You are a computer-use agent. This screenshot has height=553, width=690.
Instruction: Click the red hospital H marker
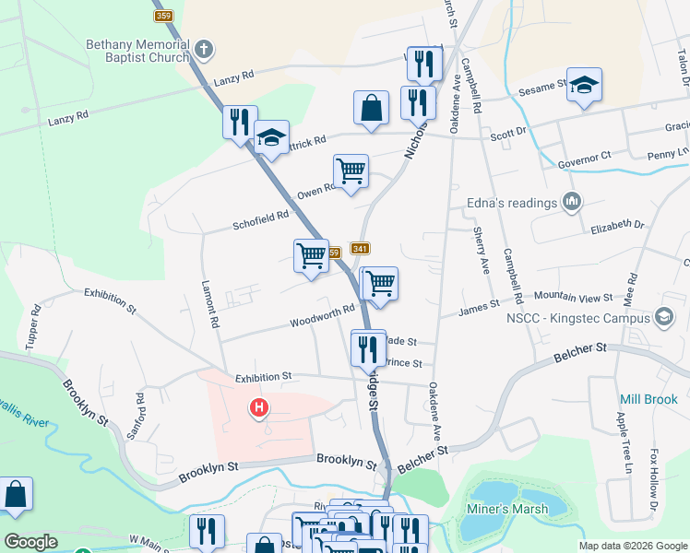tap(260, 406)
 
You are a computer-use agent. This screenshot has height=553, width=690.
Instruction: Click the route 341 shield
tap(361, 249)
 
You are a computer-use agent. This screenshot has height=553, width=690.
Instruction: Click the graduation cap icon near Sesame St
tap(584, 86)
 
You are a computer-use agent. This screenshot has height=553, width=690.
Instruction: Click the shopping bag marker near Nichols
tap(371, 107)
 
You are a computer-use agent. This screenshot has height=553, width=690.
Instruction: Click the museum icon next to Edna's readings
tap(571, 201)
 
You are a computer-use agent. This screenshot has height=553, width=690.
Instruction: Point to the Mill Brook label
tap(649, 400)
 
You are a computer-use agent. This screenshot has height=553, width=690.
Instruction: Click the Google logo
tap(30, 542)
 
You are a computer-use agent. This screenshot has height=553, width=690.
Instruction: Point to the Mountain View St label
tap(575, 298)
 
